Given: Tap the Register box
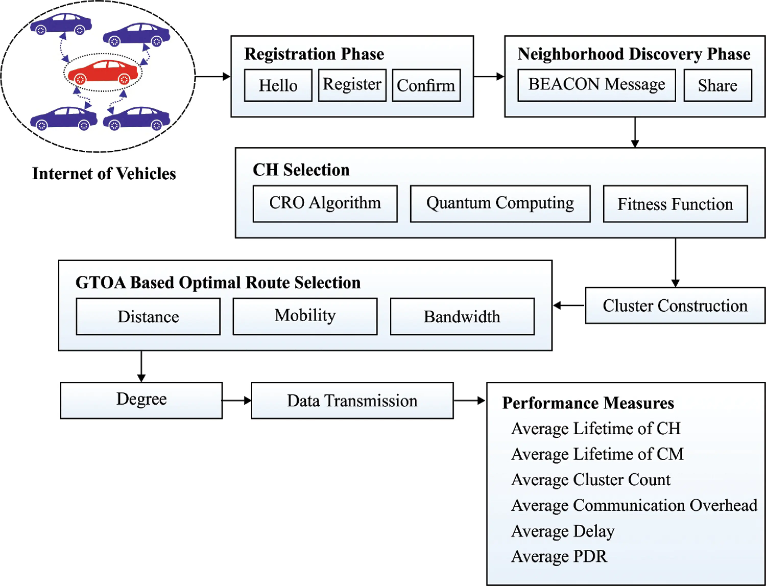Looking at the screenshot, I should click(352, 86).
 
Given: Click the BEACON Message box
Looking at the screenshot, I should click(596, 86).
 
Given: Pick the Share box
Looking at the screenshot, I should click(717, 86).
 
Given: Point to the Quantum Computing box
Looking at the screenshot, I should click(500, 204).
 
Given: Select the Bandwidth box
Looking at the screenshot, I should click(462, 316).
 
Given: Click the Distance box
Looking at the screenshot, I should click(148, 316).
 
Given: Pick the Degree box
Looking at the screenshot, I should click(141, 400).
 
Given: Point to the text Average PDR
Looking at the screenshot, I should click(559, 556).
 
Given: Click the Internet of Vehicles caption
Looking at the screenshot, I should click(104, 174).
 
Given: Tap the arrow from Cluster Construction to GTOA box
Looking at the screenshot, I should click(569, 306).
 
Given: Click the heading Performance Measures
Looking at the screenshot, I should click(588, 403).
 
